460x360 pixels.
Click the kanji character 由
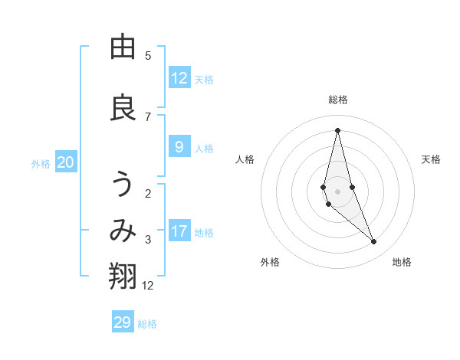coord(123,47)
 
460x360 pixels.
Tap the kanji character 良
coord(123,108)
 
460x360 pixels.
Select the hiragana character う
coord(123,185)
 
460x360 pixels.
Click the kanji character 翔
coord(123,277)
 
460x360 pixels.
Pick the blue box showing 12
coord(179,78)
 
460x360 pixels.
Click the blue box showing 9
coord(179,148)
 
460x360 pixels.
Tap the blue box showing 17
coord(179,231)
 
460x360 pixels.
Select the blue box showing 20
coord(66,162)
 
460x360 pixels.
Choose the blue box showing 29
coord(123,322)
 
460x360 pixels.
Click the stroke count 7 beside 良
coord(148,116)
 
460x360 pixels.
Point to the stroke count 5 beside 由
coord(148,55)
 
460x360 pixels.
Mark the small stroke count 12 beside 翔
coord(148,286)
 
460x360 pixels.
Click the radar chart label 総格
coord(337,100)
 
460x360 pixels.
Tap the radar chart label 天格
coord(431,159)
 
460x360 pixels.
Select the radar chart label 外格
coord(270,262)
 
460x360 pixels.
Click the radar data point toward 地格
coord(374,242)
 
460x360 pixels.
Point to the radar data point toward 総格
coord(337,130)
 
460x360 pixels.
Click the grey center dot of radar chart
coord(337,191)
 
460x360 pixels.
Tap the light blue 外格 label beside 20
coord(41,163)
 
